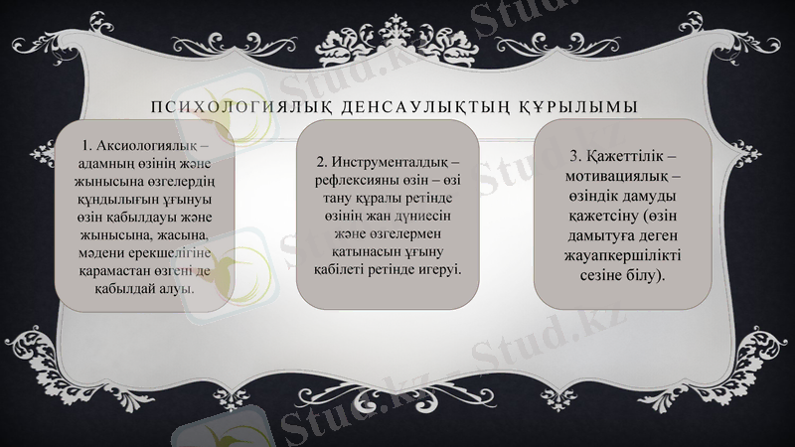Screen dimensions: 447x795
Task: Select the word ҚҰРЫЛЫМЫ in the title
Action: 576,105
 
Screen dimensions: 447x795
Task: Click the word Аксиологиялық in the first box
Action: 152,146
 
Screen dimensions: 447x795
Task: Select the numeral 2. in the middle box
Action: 322,161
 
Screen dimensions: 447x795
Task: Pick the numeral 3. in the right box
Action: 577,157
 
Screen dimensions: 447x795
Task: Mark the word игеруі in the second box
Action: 442,269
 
